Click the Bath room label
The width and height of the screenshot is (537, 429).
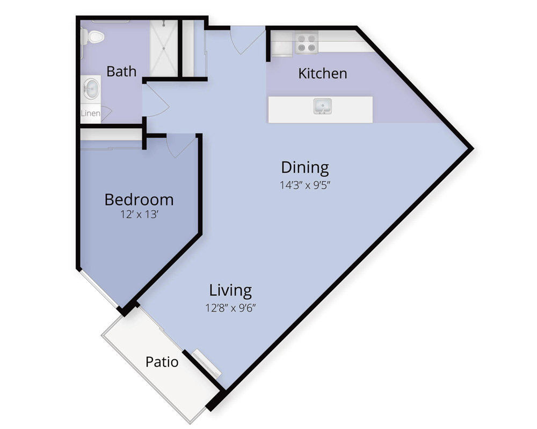pos(121,71)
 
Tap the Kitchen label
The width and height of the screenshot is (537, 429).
pos(323,73)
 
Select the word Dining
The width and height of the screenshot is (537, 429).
pos(305,168)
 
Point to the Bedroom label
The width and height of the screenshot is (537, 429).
pos(139,200)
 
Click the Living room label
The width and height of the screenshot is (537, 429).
pos(230,291)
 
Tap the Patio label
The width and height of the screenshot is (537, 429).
pos(162,362)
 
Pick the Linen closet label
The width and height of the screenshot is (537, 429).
pos(91,113)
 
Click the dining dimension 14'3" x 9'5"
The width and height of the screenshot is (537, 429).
pos(305,186)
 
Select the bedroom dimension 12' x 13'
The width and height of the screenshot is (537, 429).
pos(139,214)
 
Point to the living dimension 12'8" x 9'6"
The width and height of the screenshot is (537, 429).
pos(230,308)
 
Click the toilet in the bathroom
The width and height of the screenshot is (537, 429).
pos(92,36)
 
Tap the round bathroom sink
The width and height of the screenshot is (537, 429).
pos(91,88)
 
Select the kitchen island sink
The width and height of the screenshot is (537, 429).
pos(323,106)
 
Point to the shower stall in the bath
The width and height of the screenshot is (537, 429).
pos(164,48)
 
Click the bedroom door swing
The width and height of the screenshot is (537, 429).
pos(181,146)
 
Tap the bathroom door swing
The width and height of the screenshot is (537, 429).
pos(156,99)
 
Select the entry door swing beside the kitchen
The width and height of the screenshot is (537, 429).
pos(247,41)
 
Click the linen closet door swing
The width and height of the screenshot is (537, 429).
pos(106,114)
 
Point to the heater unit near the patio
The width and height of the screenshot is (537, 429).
pos(207,364)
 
